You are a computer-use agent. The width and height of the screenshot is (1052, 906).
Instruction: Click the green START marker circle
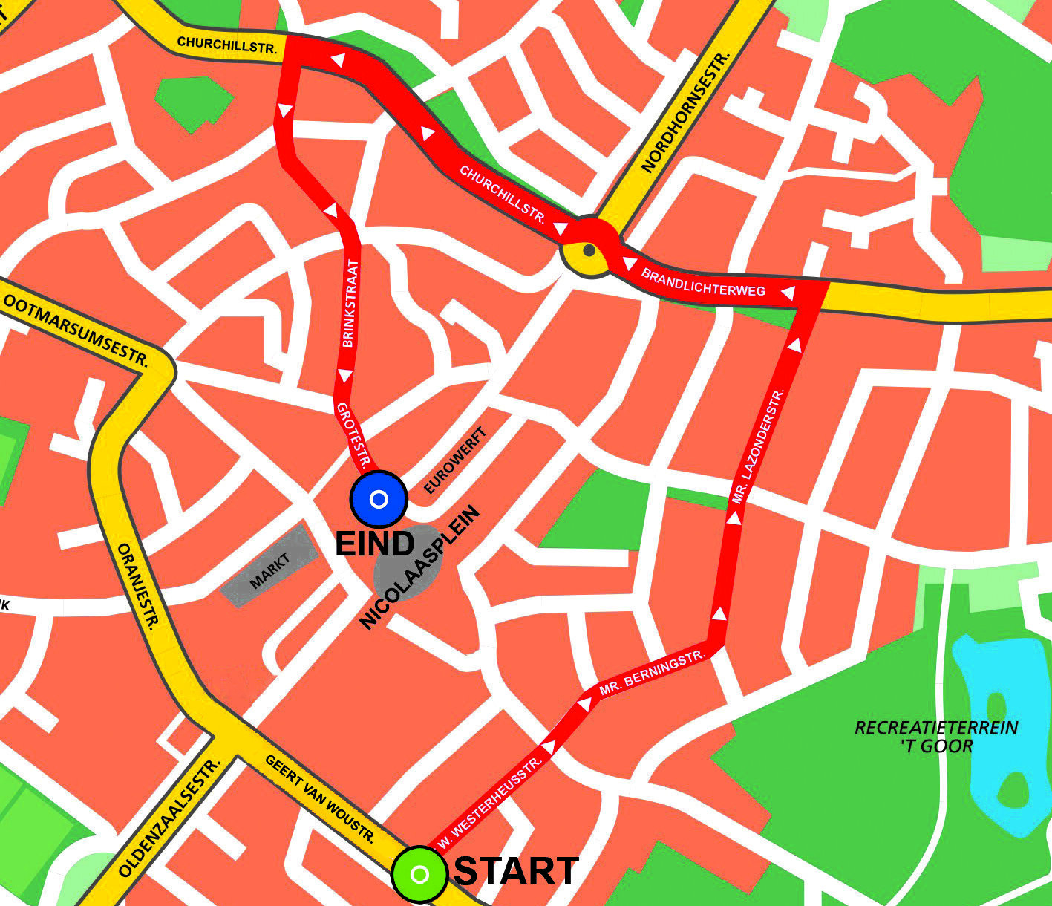[419, 874]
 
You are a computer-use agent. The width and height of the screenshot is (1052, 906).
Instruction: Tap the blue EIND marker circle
[379, 499]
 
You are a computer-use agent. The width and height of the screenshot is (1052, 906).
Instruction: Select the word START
[516, 871]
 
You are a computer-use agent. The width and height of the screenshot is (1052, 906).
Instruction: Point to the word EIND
[375, 544]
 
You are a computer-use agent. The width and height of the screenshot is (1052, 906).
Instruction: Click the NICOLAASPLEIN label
[420, 568]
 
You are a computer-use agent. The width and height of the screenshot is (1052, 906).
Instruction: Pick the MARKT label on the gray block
[270, 571]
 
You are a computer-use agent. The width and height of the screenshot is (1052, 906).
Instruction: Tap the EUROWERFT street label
[455, 461]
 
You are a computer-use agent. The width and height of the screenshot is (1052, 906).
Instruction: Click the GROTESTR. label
[353, 437]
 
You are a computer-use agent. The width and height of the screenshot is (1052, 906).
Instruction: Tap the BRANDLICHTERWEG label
[702, 282]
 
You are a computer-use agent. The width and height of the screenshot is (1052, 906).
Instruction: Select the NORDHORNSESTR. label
[687, 112]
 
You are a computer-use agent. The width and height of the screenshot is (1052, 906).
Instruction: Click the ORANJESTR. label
[139, 587]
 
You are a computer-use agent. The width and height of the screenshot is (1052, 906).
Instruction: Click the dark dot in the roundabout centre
[589, 250]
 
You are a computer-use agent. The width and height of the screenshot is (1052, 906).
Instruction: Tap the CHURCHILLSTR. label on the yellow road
[227, 45]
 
